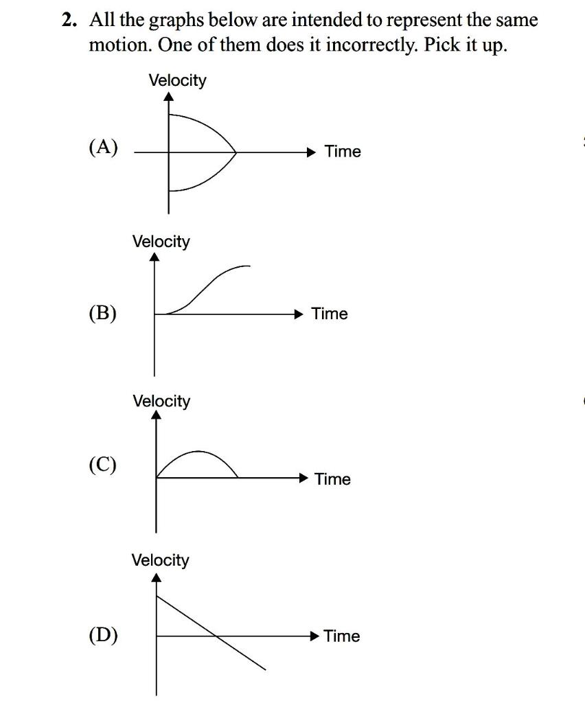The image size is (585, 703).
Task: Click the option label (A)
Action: click(103, 148)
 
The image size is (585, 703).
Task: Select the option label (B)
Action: click(102, 313)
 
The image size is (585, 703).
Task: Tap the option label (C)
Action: click(102, 465)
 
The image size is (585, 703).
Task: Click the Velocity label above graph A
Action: click(177, 80)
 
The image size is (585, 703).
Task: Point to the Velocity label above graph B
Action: click(161, 241)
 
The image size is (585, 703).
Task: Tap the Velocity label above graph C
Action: click(161, 400)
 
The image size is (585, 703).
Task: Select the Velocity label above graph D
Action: click(160, 560)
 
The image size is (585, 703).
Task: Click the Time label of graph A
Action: click(343, 151)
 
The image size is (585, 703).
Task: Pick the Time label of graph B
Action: click(330, 314)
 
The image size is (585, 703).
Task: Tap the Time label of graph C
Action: click(332, 479)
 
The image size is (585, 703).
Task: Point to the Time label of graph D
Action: click(341, 636)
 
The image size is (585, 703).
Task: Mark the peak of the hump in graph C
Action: click(198, 451)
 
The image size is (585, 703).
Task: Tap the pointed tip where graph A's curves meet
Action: click(236, 152)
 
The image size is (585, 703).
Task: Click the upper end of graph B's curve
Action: click(249, 266)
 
